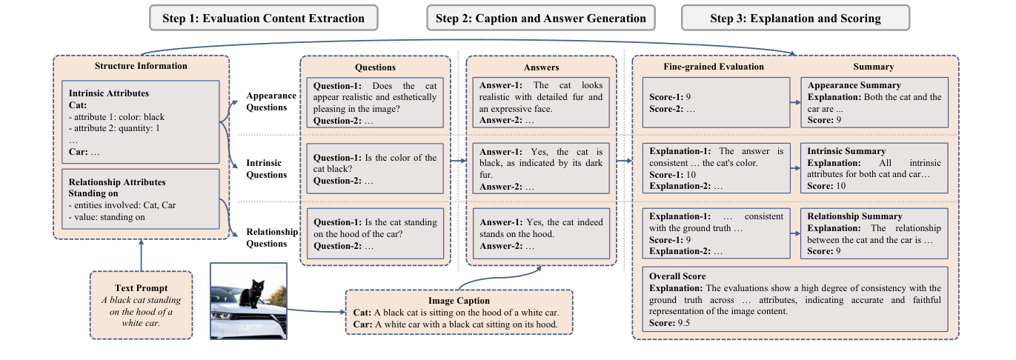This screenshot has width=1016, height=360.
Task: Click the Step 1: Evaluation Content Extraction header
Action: coord(263,18)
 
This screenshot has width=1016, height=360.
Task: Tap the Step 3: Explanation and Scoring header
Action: coord(795,18)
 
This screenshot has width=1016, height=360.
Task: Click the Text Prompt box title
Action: coord(141,287)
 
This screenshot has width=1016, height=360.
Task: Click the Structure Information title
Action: coord(141,66)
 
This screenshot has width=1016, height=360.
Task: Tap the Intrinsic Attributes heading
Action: coord(108,93)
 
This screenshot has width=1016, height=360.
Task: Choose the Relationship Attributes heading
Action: coord(117,182)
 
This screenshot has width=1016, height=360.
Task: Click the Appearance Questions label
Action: coord(271,101)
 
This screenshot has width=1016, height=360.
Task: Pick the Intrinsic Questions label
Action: coord(267,169)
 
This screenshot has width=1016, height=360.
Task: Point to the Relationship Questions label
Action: coord(272,238)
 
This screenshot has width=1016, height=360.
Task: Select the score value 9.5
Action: coord(685,324)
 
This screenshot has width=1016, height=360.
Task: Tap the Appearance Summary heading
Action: coord(854,85)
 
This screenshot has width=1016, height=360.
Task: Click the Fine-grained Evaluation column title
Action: coord(703,67)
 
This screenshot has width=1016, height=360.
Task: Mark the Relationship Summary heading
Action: coord(855,216)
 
